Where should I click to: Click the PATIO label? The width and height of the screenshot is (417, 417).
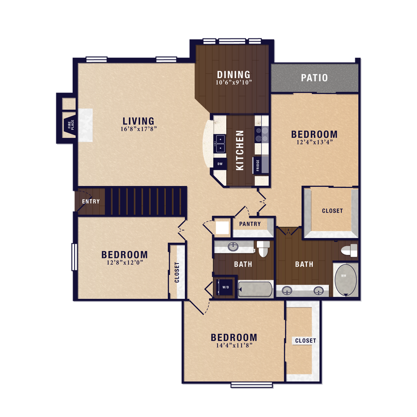tap(314, 78)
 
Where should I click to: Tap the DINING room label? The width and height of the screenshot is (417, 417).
tap(234, 75)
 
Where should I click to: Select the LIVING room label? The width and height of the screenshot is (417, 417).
tap(138, 121)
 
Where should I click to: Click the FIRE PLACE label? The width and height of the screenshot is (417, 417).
tap(71, 125)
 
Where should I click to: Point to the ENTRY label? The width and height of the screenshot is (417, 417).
tap(91, 202)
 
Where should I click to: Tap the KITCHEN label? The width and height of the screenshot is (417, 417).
tap(240, 150)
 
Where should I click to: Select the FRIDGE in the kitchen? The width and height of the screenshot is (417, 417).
tap(258, 165)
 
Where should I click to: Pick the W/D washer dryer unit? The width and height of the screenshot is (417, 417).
tap(225, 287)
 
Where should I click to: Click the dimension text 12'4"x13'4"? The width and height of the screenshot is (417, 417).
tap(314, 143)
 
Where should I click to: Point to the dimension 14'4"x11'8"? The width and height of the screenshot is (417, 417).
tap(234, 346)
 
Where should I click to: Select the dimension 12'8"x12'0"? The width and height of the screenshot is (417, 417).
tap(125, 263)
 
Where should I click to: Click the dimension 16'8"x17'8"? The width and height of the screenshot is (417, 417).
tap(138, 130)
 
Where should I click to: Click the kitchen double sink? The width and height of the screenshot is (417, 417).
tap(219, 144)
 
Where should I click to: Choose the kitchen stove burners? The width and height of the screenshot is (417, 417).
tap(261, 135)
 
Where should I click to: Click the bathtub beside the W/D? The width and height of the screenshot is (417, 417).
tap(255, 289)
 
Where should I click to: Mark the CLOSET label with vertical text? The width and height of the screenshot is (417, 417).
tap(177, 272)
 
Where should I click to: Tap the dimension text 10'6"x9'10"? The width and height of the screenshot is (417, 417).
tap(234, 83)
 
